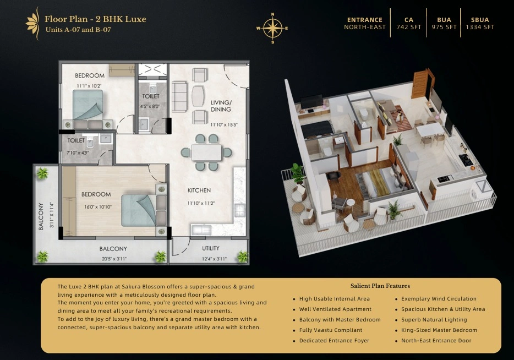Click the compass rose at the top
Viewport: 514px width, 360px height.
click(x=272, y=28)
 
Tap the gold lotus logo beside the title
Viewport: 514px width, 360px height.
click(x=33, y=24)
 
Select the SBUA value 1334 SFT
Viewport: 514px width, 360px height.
click(x=480, y=27)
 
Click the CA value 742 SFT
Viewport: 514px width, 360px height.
click(x=409, y=27)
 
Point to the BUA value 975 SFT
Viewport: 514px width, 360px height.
click(x=444, y=27)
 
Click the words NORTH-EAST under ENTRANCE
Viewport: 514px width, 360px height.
click(x=365, y=27)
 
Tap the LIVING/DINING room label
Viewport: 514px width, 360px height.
click(x=221, y=106)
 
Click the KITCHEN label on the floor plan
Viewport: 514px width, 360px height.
click(x=199, y=190)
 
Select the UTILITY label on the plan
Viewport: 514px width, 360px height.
click(x=210, y=248)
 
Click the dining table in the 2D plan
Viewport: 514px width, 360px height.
click(x=206, y=152)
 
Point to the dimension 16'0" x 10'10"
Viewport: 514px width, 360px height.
click(x=98, y=207)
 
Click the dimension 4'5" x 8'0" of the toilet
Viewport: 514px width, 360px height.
click(x=150, y=107)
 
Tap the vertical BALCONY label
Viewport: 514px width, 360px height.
click(x=41, y=216)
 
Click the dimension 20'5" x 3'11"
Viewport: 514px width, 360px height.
click(x=114, y=259)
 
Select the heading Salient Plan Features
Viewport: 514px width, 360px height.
click(x=380, y=286)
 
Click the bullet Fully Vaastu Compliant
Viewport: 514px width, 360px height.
click(x=331, y=330)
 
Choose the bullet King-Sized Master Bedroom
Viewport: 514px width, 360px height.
click(x=439, y=330)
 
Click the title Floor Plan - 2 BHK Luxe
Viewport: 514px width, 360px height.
click(x=95, y=19)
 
